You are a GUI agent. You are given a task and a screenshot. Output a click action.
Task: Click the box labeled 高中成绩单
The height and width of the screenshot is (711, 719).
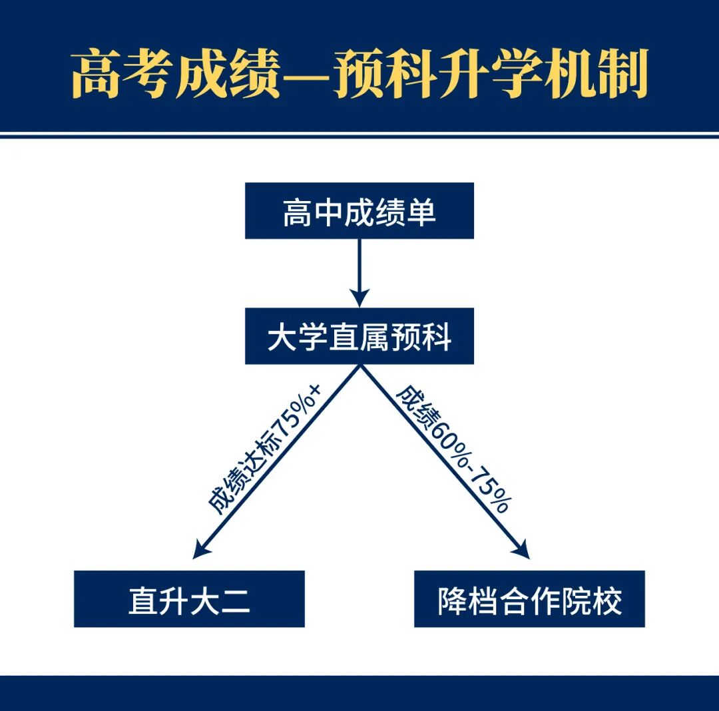tap(359, 211)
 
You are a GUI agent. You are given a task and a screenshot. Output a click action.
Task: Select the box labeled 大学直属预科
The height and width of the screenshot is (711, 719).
tap(359, 336)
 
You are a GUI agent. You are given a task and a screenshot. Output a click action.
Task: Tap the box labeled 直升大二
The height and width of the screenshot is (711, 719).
tap(189, 598)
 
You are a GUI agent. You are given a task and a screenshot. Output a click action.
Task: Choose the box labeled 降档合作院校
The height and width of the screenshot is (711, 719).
tap(529, 598)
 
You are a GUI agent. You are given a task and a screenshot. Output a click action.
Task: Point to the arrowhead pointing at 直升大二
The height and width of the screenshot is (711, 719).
tap(199, 552)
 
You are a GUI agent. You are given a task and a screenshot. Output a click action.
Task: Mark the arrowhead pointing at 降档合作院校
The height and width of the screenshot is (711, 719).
tap(522, 552)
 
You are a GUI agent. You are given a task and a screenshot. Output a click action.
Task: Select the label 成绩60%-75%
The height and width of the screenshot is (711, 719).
tap(453, 449)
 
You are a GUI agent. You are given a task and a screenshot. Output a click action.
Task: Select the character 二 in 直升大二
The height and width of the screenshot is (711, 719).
tap(235, 599)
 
